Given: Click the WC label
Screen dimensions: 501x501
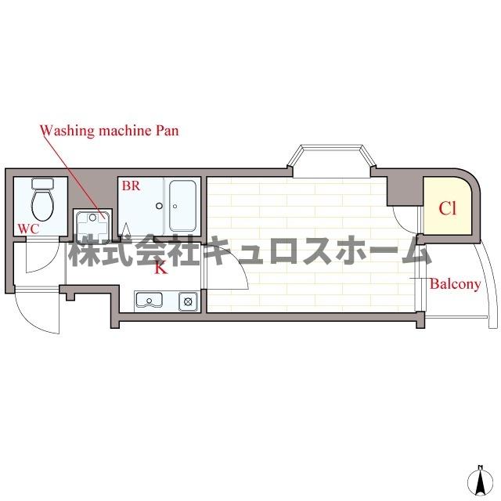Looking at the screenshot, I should pyautogui.click(x=28, y=228).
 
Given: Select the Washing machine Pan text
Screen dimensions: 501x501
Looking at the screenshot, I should pyautogui.click(x=110, y=130).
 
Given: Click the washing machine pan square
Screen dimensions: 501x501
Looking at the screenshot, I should pyautogui.click(x=92, y=223).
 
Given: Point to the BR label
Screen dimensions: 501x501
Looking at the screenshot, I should pyautogui.click(x=130, y=186).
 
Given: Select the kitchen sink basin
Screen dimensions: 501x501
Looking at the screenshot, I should pyautogui.click(x=149, y=300).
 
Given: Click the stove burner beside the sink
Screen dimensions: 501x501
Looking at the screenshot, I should pyautogui.click(x=187, y=300).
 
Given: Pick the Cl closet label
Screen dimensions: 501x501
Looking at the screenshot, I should pyautogui.click(x=447, y=208).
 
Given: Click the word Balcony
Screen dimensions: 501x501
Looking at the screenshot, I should pyautogui.click(x=455, y=284).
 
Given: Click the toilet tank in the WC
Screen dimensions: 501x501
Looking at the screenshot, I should pyautogui.click(x=41, y=185).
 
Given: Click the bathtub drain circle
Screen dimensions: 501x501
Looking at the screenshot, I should pyautogui.click(x=159, y=207).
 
